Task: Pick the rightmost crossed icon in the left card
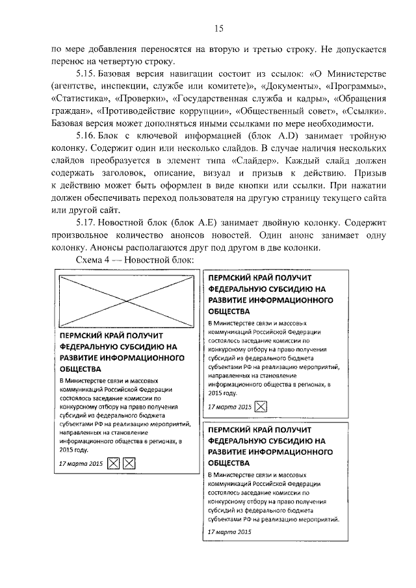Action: pos(129,463)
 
